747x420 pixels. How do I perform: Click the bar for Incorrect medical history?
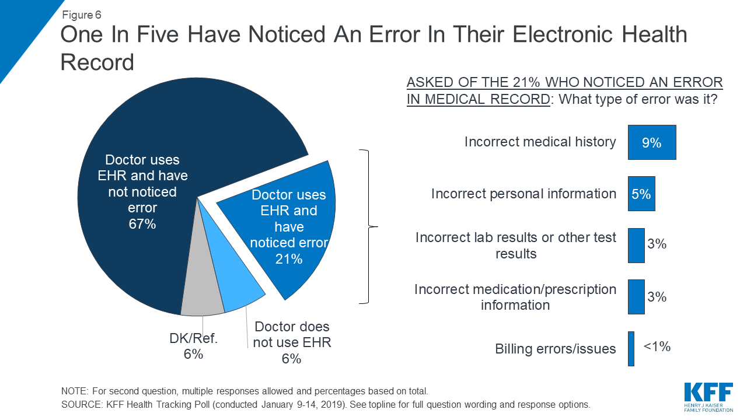click(x=651, y=142)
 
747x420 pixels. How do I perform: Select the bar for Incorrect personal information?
click(x=641, y=194)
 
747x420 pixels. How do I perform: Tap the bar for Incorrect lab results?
click(x=636, y=245)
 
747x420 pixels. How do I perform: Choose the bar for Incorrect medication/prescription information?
click(x=636, y=297)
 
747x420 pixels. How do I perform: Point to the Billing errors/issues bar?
click(x=631, y=349)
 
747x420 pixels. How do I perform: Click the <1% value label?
click(x=657, y=346)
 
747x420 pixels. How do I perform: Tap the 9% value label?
click(x=651, y=142)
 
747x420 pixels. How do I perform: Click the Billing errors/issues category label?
click(x=555, y=349)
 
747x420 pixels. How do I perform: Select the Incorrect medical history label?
click(x=540, y=142)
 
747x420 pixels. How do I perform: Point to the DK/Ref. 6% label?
click(x=193, y=346)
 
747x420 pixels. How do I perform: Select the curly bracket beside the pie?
click(x=368, y=226)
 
